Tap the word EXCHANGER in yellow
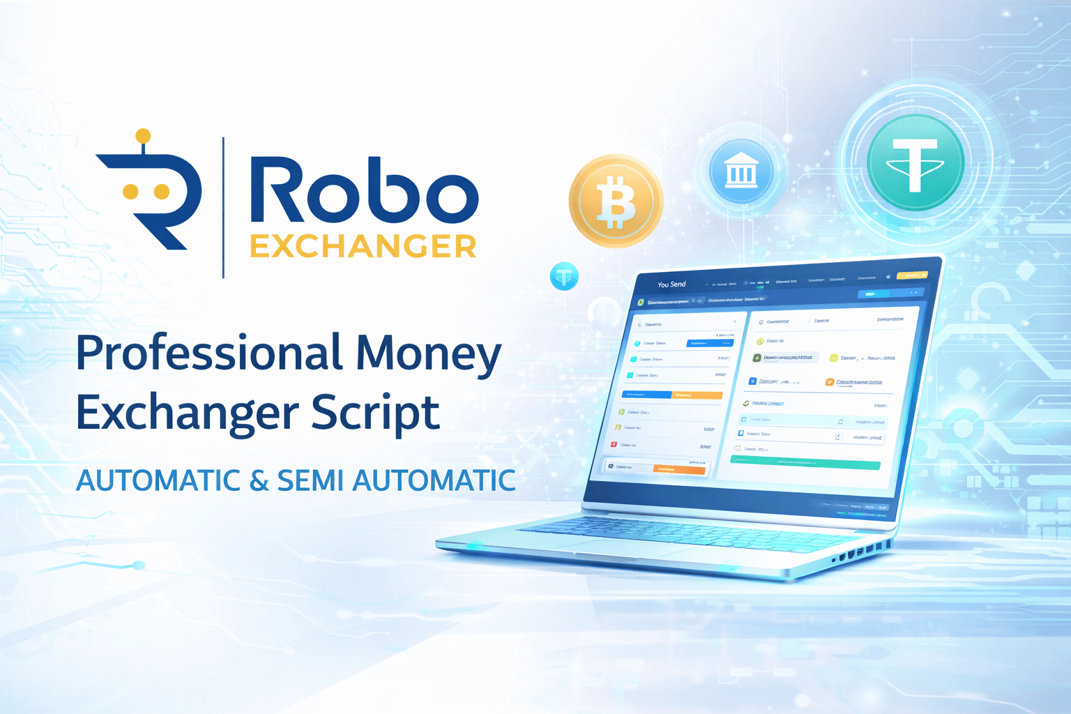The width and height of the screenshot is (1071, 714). click(x=363, y=247)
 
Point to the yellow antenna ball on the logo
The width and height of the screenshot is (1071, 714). click(x=143, y=135)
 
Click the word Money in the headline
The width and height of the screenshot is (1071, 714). click(x=428, y=354)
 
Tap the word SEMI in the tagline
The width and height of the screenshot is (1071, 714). click(x=310, y=480)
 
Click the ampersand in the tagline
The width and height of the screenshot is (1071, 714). click(x=259, y=480)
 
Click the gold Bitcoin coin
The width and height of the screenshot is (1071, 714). click(x=616, y=201)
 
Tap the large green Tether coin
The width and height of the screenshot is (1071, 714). click(x=915, y=162)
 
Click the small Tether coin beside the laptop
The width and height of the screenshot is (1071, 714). click(x=564, y=277)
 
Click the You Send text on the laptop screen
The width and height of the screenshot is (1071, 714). click(x=671, y=284)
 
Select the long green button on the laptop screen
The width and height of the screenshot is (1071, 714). click(x=805, y=462)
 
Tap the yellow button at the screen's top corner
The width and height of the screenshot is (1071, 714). click(x=911, y=275)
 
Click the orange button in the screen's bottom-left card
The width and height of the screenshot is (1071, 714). click(x=678, y=469)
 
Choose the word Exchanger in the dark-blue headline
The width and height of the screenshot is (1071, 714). click(x=187, y=413)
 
